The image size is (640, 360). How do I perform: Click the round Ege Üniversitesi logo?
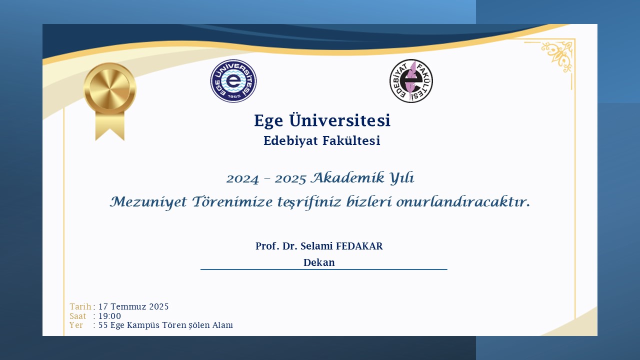tap(233, 81)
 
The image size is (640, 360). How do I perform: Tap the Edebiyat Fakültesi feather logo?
tap(411, 81)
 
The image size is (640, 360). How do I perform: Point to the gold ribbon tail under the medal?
tap(110, 126)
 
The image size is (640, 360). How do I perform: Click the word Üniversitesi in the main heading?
tap(339, 120)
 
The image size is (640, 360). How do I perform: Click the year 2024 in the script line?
tap(242, 179)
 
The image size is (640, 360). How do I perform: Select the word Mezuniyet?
tap(148, 202)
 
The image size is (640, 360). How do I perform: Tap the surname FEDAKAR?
tap(359, 246)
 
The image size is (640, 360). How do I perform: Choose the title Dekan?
tap(319, 262)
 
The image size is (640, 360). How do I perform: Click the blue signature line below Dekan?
tap(323, 269)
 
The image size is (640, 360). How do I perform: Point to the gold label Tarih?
tap(80, 306)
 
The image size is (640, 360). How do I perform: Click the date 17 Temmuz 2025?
tap(133, 306)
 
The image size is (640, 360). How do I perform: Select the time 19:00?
tap(109, 316)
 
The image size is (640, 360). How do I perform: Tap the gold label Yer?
tap(76, 325)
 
